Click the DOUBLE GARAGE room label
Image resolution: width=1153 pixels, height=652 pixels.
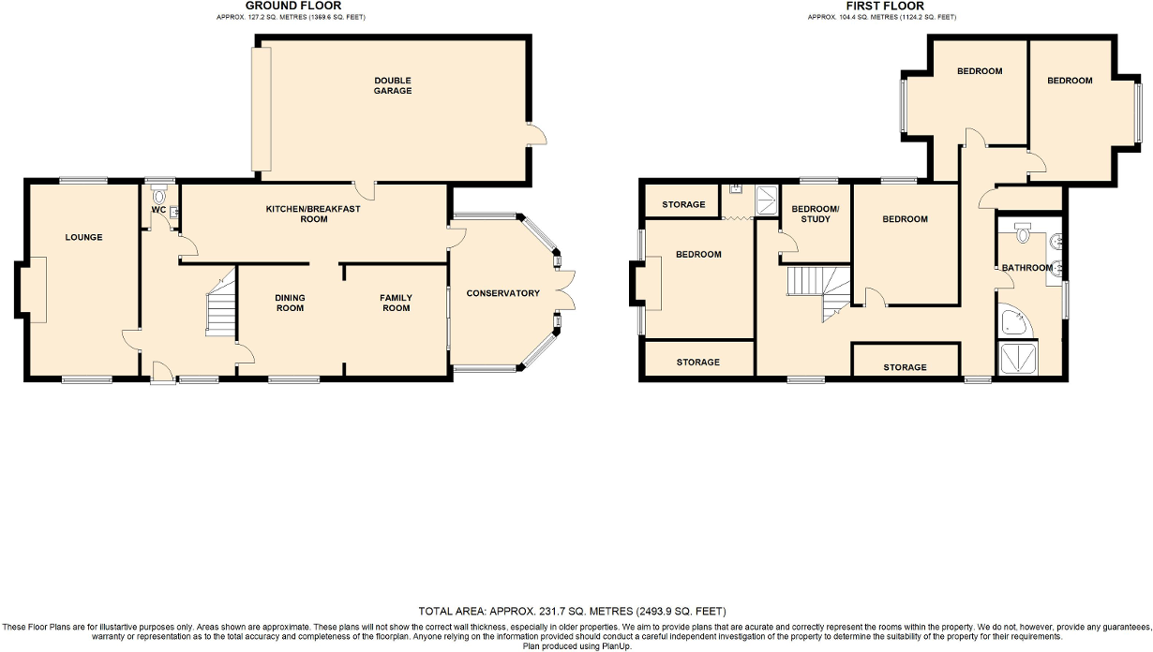[x=394, y=85]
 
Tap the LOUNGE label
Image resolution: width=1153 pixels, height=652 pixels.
[x=83, y=237]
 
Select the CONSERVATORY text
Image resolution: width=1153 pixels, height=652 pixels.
[x=504, y=293]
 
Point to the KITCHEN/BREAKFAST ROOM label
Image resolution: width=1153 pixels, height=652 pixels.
[x=313, y=214]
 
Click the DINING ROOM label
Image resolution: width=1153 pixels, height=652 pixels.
[x=290, y=303]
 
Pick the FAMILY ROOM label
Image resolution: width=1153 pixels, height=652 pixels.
[x=396, y=303]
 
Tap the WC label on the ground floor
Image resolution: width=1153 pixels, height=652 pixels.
[x=158, y=210]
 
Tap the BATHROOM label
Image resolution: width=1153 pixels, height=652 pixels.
[x=1026, y=268]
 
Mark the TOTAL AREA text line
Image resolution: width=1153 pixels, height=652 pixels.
[x=572, y=611]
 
